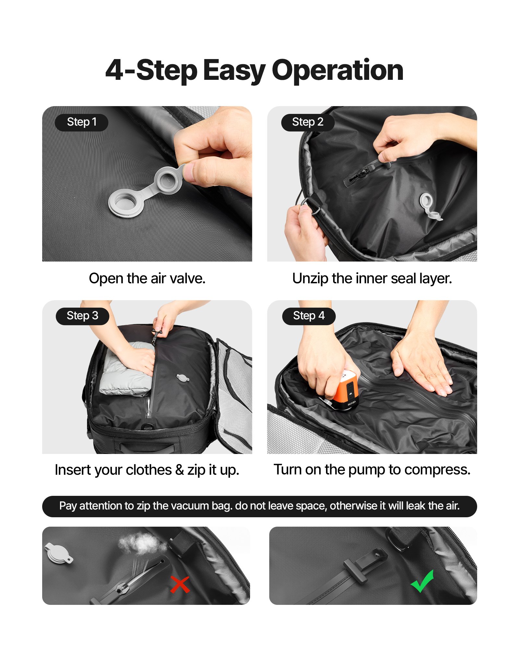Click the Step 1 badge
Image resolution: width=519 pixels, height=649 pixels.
[x=81, y=122]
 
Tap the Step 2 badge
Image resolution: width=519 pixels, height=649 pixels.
[x=308, y=122]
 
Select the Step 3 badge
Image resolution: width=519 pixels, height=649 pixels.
[x=82, y=316]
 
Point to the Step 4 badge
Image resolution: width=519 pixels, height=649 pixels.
[x=308, y=316]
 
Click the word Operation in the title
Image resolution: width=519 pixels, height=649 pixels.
[x=337, y=70]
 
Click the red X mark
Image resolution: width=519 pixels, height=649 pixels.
[x=180, y=584]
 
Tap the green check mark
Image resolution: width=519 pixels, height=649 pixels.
[x=422, y=581]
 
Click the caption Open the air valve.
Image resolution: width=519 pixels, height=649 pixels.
[x=147, y=278]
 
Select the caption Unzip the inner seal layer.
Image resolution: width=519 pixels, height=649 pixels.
[x=372, y=278]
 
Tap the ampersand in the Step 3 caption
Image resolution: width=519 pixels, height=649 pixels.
[x=179, y=470]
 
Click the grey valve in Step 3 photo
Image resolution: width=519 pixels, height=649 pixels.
[x=183, y=377]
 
